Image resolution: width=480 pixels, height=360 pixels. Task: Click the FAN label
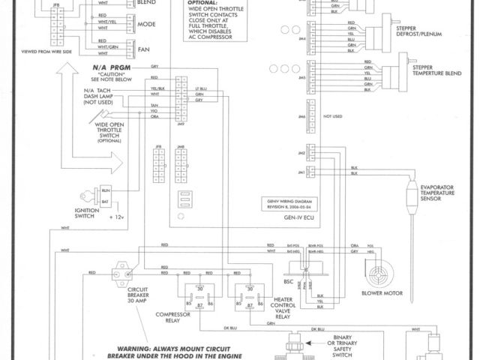[x=145, y=49]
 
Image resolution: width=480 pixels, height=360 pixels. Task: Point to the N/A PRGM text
[x=106, y=68]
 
